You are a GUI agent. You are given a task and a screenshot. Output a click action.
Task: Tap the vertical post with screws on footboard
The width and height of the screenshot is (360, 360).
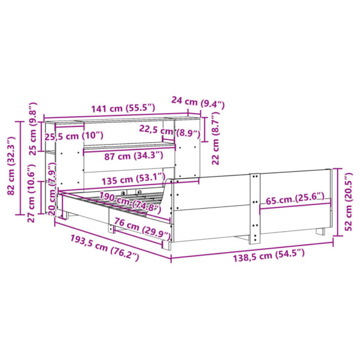click(x=255, y=206)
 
